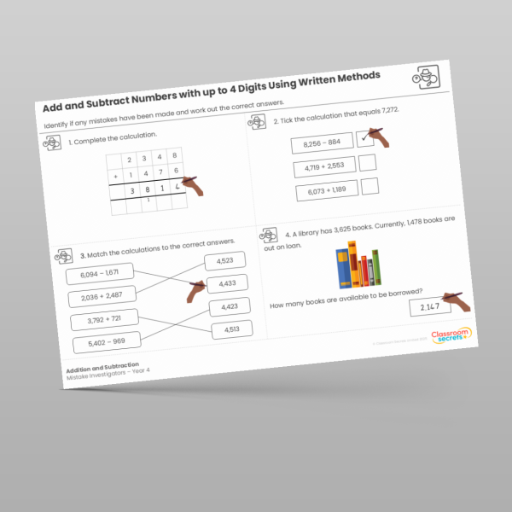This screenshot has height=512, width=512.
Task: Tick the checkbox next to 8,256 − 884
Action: coord(365,139)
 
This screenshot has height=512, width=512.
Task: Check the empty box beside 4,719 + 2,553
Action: coord(368,162)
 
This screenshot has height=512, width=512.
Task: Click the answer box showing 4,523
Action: coord(224,261)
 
